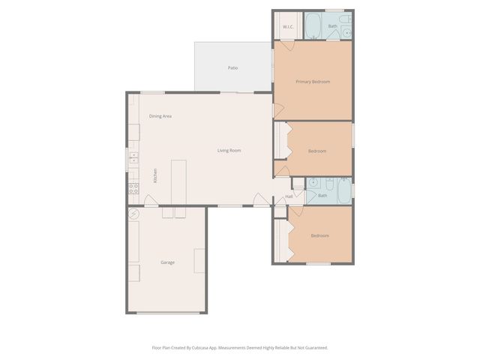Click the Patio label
(x=233, y=68)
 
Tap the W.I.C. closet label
(x=287, y=27)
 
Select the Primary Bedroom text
(x=313, y=81)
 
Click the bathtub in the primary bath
(x=313, y=26)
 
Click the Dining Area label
(x=160, y=116)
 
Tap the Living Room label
(x=229, y=151)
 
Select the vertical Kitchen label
(x=155, y=175)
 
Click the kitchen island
(x=178, y=181)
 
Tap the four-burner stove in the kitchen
(x=133, y=188)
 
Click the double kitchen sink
(x=133, y=157)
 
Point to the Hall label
(x=289, y=196)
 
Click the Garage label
(x=167, y=262)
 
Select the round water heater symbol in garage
(x=134, y=214)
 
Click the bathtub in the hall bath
(x=343, y=191)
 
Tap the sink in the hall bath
(x=313, y=182)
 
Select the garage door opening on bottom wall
(x=168, y=313)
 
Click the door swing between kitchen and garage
(x=151, y=200)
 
